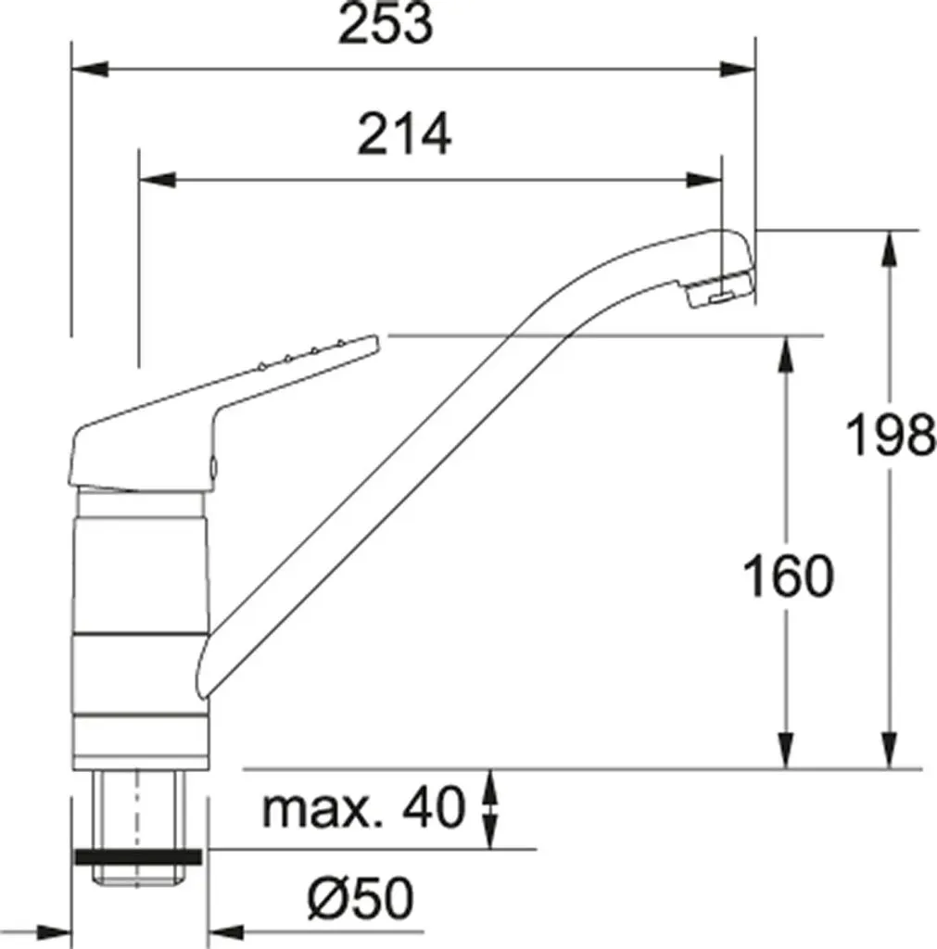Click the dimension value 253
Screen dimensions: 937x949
click(x=386, y=23)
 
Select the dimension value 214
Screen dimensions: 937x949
click(x=404, y=133)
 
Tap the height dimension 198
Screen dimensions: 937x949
click(x=891, y=435)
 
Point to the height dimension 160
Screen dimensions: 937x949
click(x=788, y=576)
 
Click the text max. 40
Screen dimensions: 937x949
click(x=363, y=807)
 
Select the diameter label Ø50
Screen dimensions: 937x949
click(x=361, y=898)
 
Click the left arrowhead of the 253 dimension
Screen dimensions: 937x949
click(x=90, y=69)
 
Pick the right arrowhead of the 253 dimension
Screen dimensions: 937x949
click(x=737, y=69)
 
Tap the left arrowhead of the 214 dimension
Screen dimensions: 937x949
click(x=158, y=180)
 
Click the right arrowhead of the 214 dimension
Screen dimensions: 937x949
click(x=703, y=180)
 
